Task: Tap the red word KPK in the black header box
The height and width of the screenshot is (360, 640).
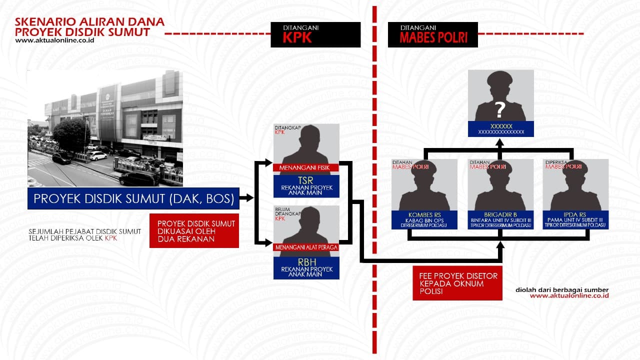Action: click(297, 37)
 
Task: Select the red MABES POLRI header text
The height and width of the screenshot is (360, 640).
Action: click(433, 37)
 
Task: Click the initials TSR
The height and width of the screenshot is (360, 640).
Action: click(305, 180)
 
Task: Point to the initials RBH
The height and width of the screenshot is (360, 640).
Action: click(306, 262)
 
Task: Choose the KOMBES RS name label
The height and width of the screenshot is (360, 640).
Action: click(424, 215)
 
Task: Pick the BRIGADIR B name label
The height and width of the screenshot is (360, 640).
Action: click(500, 214)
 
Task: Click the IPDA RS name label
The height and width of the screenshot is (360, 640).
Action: click(575, 214)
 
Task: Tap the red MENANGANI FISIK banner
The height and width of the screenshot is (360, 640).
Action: click(306, 167)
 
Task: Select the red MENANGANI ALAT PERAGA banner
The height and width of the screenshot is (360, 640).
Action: click(306, 247)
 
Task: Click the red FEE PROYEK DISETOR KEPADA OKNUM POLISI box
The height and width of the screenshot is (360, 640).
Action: click(457, 283)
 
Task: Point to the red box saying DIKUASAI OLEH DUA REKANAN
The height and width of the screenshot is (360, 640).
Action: click(194, 231)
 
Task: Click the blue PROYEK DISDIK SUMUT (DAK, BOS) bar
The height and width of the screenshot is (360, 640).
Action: click(133, 198)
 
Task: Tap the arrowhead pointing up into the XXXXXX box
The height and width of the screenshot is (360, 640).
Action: click(499, 143)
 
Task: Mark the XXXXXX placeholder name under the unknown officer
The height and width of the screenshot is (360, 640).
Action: click(501, 126)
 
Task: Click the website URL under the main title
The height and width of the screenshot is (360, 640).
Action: click(55, 40)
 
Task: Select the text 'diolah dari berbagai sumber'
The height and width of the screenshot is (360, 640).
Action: click(562, 289)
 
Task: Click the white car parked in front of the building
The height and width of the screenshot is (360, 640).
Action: click(97, 155)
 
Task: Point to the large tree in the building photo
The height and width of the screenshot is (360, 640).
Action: click(71, 135)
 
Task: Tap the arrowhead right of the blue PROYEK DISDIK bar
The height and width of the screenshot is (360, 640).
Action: click(249, 197)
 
